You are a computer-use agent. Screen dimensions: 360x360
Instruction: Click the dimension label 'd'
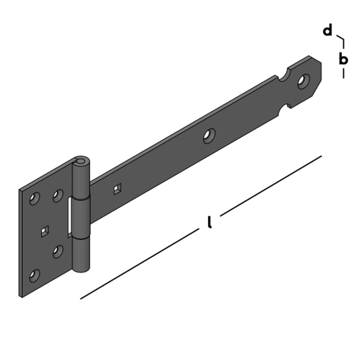point(327,31)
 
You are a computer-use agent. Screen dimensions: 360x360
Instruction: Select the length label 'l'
point(209,222)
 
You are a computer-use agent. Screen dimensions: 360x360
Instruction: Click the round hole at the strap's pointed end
point(303,81)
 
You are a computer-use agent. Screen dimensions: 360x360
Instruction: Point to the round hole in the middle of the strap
point(209,136)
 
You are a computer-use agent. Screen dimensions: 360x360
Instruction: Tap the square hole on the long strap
point(117,189)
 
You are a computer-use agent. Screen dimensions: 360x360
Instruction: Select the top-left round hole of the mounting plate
point(35,198)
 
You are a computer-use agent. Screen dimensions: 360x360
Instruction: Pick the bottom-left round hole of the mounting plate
point(35,275)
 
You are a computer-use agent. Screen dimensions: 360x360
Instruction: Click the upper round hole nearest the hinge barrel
point(58,196)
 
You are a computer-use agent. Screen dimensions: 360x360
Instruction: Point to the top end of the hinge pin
point(81,160)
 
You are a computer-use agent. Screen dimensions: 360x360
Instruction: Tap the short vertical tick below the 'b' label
point(343,73)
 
